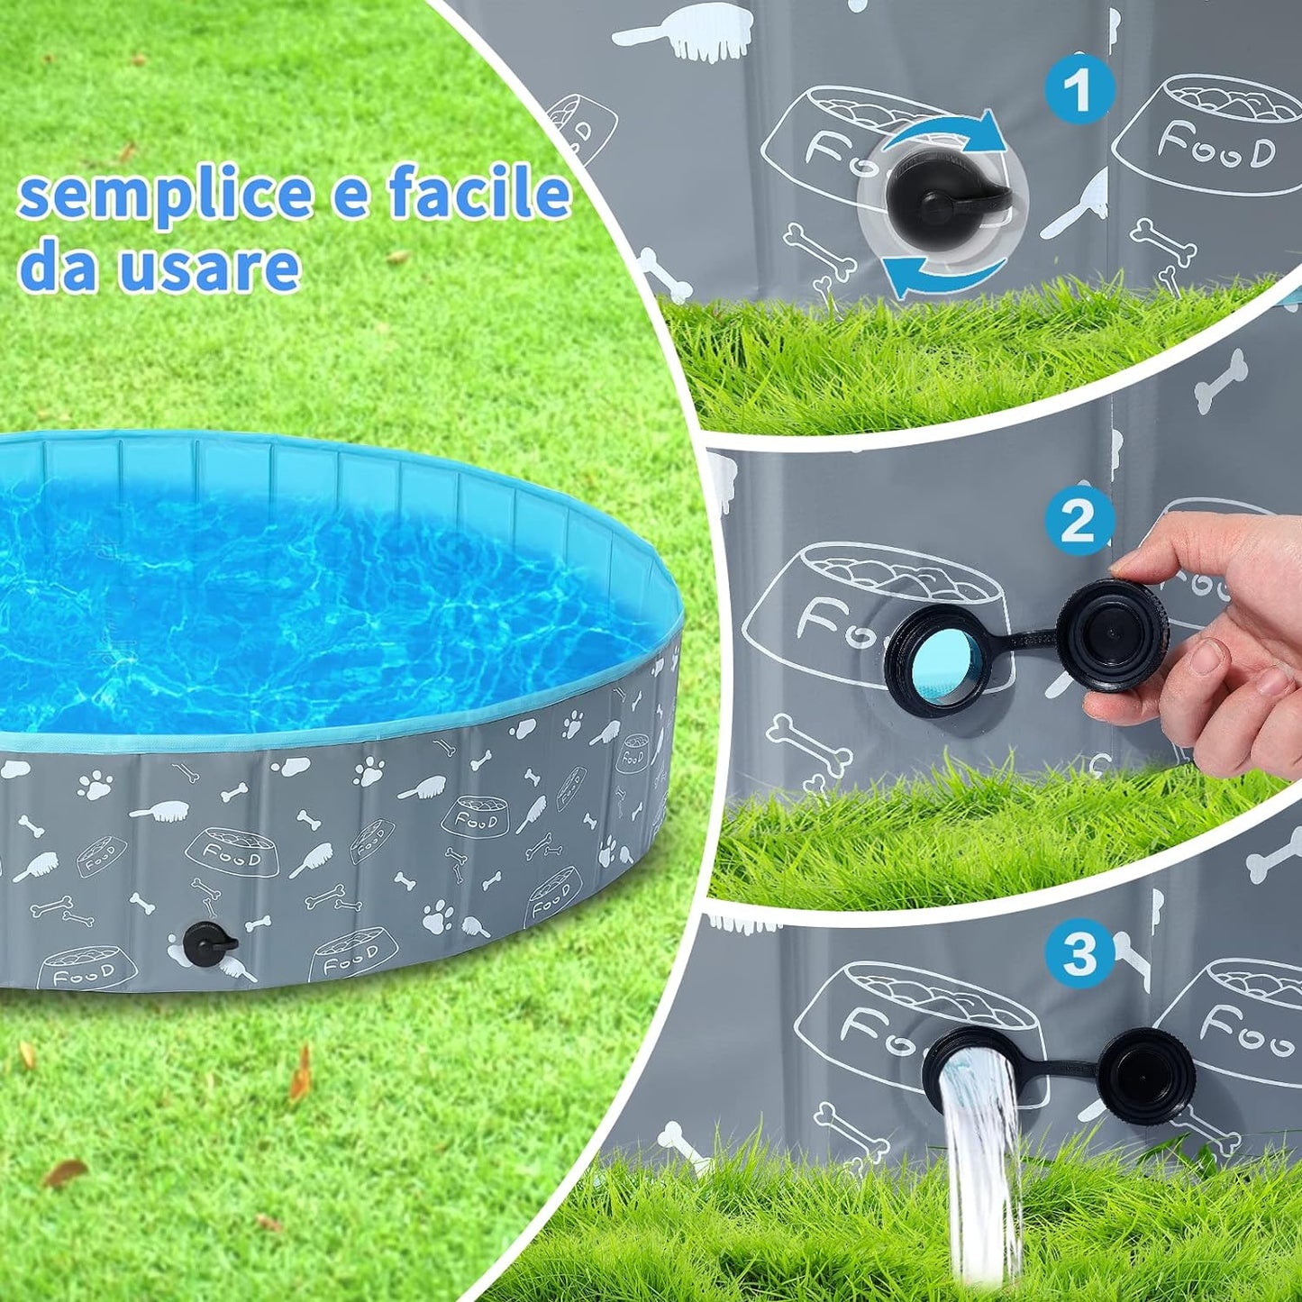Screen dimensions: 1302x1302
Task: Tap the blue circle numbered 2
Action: (x=1079, y=522)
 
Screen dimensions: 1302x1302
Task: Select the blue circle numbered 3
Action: (x=1079, y=953)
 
